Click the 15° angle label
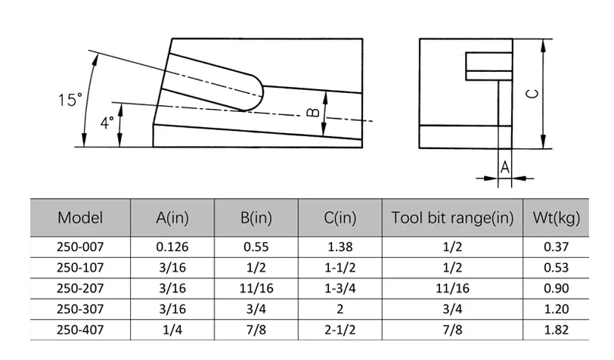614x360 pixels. point(69,100)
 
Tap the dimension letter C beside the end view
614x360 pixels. point(532,93)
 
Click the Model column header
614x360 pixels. point(80,218)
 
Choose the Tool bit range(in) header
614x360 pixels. point(452,218)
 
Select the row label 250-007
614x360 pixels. point(80,247)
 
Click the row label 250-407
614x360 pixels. point(80,330)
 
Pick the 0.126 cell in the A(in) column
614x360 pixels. point(172,247)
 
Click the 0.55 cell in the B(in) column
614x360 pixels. point(256,247)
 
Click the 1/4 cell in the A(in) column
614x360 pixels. point(172,330)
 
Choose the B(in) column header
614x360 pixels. point(256,218)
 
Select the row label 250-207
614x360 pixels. point(80,288)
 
